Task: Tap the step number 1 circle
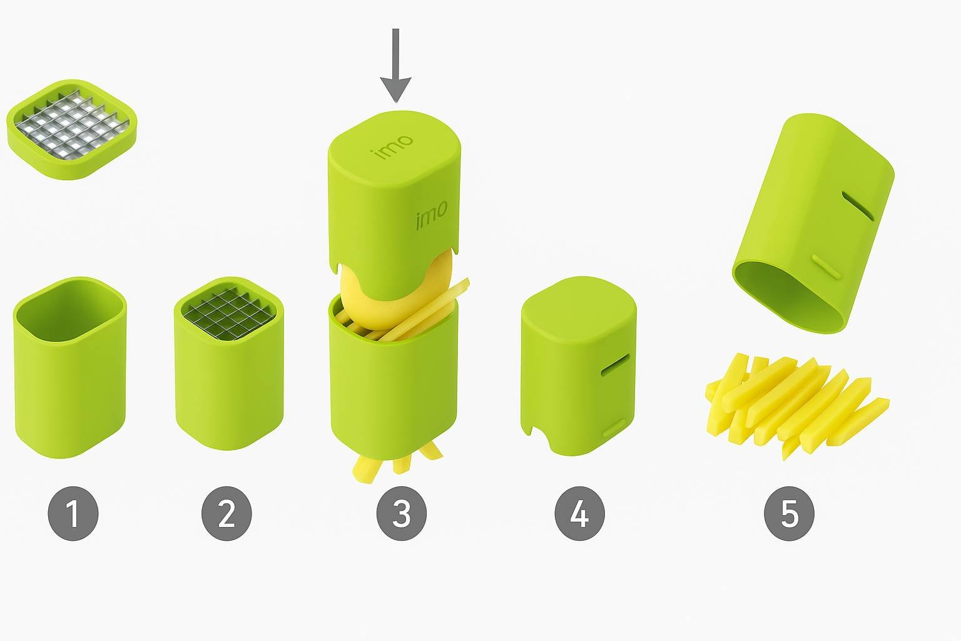(73, 513)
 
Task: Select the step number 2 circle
(226, 513)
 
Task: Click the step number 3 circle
(402, 513)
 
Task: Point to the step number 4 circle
(579, 513)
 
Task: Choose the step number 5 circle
(790, 513)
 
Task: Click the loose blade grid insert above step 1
(72, 129)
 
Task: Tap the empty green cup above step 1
(70, 367)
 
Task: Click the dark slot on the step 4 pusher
(615, 366)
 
